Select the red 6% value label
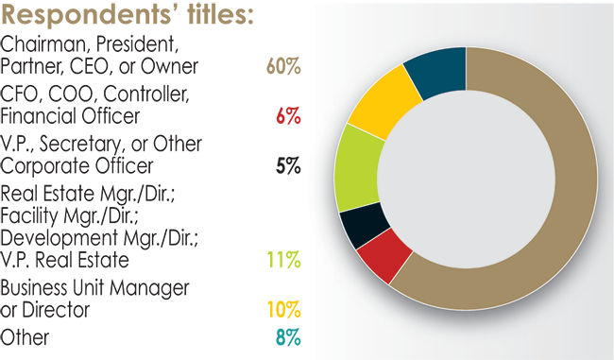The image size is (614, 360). [x=288, y=116]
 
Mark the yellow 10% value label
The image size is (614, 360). [x=283, y=309]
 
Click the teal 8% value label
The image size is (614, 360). [x=286, y=336]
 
